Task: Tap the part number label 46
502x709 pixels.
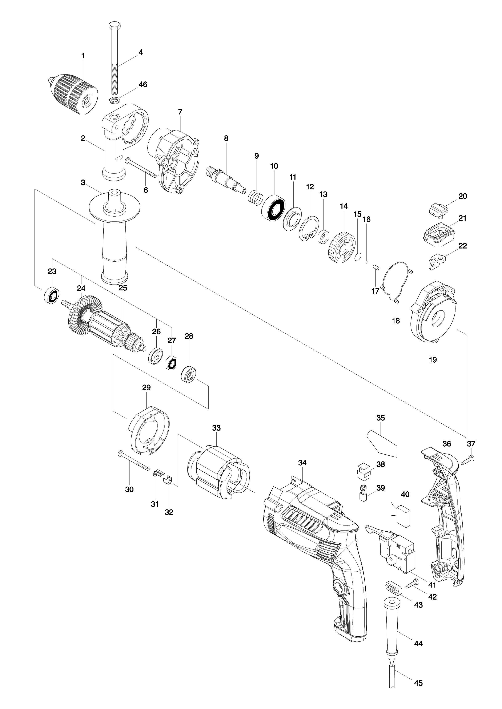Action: [142, 84]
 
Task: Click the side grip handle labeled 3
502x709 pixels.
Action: [114, 235]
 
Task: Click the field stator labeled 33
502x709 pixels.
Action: [216, 473]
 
